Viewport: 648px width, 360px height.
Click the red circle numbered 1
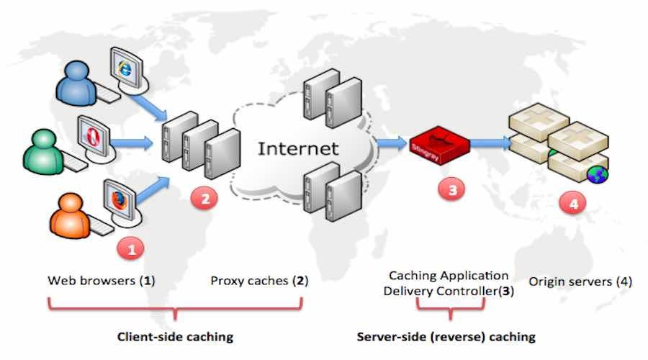click(x=131, y=250)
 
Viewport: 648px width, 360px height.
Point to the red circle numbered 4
click(x=573, y=204)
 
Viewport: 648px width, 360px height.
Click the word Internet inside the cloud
click(x=297, y=149)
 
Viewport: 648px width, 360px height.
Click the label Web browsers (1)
click(x=101, y=281)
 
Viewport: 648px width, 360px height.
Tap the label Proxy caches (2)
click(x=258, y=281)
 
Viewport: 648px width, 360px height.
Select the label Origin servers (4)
click(x=580, y=281)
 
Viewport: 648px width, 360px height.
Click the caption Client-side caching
click(x=175, y=336)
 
